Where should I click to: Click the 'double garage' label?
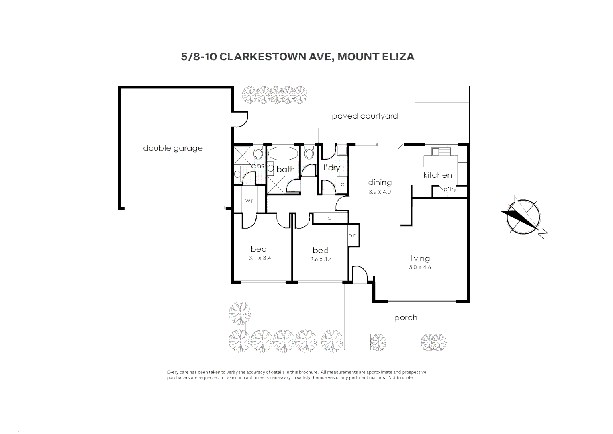point(173,148)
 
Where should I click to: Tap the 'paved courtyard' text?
point(365,116)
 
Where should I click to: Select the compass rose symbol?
point(523,217)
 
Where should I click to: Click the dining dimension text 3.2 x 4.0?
point(380,192)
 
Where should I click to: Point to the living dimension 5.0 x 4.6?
point(420,267)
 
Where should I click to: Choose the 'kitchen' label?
point(437,175)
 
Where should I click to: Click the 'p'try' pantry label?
point(450,189)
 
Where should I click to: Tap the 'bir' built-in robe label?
point(351,235)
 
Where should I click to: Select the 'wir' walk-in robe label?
point(249,201)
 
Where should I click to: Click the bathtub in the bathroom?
point(283,154)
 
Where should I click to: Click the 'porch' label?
point(406,318)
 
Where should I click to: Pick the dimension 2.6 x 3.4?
point(321,259)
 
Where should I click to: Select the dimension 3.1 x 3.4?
point(260,258)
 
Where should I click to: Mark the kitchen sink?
point(441,151)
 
